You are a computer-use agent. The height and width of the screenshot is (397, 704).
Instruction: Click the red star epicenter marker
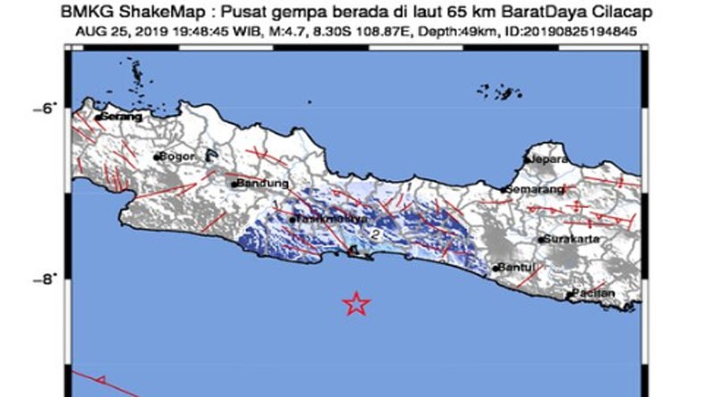356,303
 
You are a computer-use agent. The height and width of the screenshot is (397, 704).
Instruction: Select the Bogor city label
176,156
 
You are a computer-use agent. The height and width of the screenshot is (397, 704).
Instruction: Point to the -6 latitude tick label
44,108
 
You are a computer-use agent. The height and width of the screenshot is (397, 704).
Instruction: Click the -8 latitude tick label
44,281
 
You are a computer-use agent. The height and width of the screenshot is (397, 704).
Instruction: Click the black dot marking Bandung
234,185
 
